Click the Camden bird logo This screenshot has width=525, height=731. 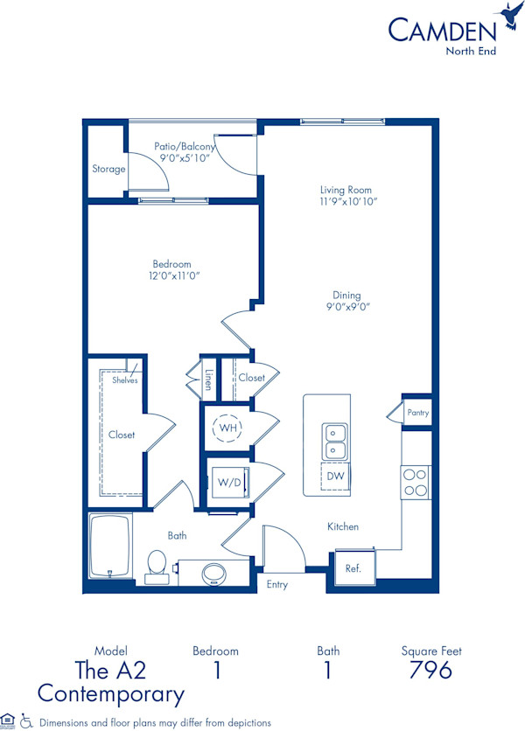(x=508, y=15)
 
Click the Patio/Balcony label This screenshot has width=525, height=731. (x=185, y=147)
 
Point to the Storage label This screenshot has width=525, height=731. (x=108, y=169)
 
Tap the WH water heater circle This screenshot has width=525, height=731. (x=228, y=428)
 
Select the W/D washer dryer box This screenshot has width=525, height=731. (x=229, y=482)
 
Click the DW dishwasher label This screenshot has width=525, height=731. (x=334, y=477)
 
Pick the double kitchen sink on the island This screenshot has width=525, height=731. (x=334, y=442)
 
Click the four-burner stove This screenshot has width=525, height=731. (x=416, y=482)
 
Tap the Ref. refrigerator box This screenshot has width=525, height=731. (x=353, y=567)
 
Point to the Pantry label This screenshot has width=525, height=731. (x=417, y=413)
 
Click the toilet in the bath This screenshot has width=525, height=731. (x=157, y=566)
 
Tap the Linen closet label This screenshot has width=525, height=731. (x=208, y=379)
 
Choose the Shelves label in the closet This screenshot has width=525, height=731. (x=123, y=379)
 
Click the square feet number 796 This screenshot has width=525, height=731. (x=430, y=671)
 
